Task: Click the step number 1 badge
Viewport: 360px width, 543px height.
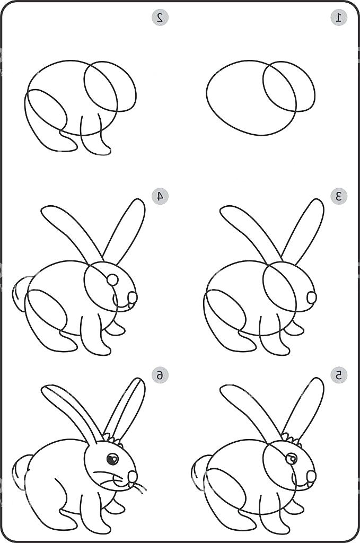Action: tap(339, 17)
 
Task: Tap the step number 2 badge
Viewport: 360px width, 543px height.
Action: tap(160, 17)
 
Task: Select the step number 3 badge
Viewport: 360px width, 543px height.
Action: tap(339, 196)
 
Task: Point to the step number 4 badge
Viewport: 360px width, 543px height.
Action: tap(160, 196)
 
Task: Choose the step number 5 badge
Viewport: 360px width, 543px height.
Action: tap(339, 375)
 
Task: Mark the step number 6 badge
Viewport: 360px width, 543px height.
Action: tap(160, 375)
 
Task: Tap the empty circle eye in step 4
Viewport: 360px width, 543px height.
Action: tap(112, 279)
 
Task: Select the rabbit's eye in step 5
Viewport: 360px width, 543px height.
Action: tap(291, 459)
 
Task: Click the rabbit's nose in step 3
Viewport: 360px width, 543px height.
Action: tap(311, 297)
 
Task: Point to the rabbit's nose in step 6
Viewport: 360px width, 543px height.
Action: tap(133, 476)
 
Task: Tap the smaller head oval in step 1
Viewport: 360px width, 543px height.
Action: tap(289, 86)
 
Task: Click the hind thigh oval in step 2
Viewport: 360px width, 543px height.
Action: tap(46, 112)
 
